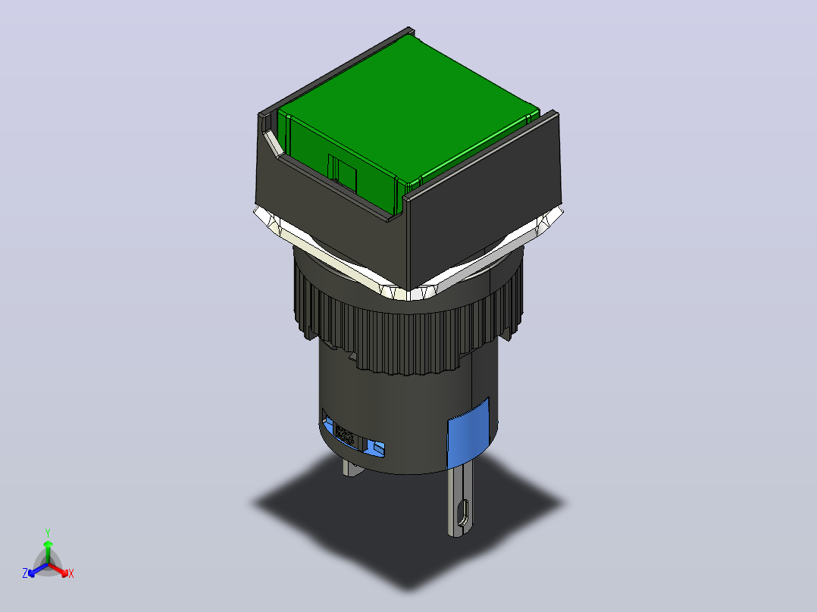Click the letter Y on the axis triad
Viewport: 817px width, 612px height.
click(x=48, y=532)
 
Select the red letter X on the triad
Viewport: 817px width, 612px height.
click(x=71, y=573)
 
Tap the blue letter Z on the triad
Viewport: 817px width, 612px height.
click(x=24, y=573)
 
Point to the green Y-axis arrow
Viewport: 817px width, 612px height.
click(x=48, y=551)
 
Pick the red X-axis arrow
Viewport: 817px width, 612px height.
click(x=58, y=570)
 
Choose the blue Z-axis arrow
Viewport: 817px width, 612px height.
click(x=38, y=570)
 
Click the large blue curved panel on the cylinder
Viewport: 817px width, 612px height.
click(x=468, y=432)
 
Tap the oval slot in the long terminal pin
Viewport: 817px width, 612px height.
click(x=462, y=514)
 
